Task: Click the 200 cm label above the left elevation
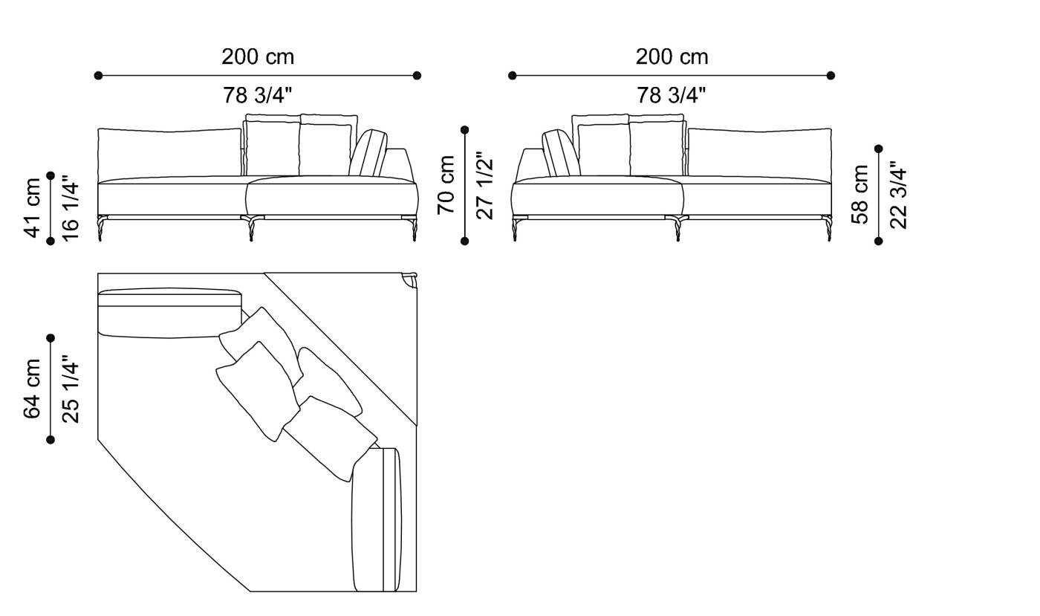coord(258,56)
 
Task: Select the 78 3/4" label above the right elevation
coord(672,95)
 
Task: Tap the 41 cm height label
coord(33,208)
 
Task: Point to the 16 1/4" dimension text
coord(70,208)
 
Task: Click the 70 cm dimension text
coord(446,185)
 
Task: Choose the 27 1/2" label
coord(484,185)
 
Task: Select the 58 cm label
coord(860,194)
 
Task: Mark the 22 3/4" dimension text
coord(897,194)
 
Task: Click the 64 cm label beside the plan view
coord(33,389)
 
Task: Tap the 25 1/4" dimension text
coord(70,389)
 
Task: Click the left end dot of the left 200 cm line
coord(98,75)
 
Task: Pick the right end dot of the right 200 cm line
coord(831,75)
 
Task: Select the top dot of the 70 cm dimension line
coord(465,130)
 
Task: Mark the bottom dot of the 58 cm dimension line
coord(879,241)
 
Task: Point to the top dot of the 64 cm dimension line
coord(51,338)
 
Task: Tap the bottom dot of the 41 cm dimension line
coord(51,241)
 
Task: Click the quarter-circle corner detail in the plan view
coord(409,279)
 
